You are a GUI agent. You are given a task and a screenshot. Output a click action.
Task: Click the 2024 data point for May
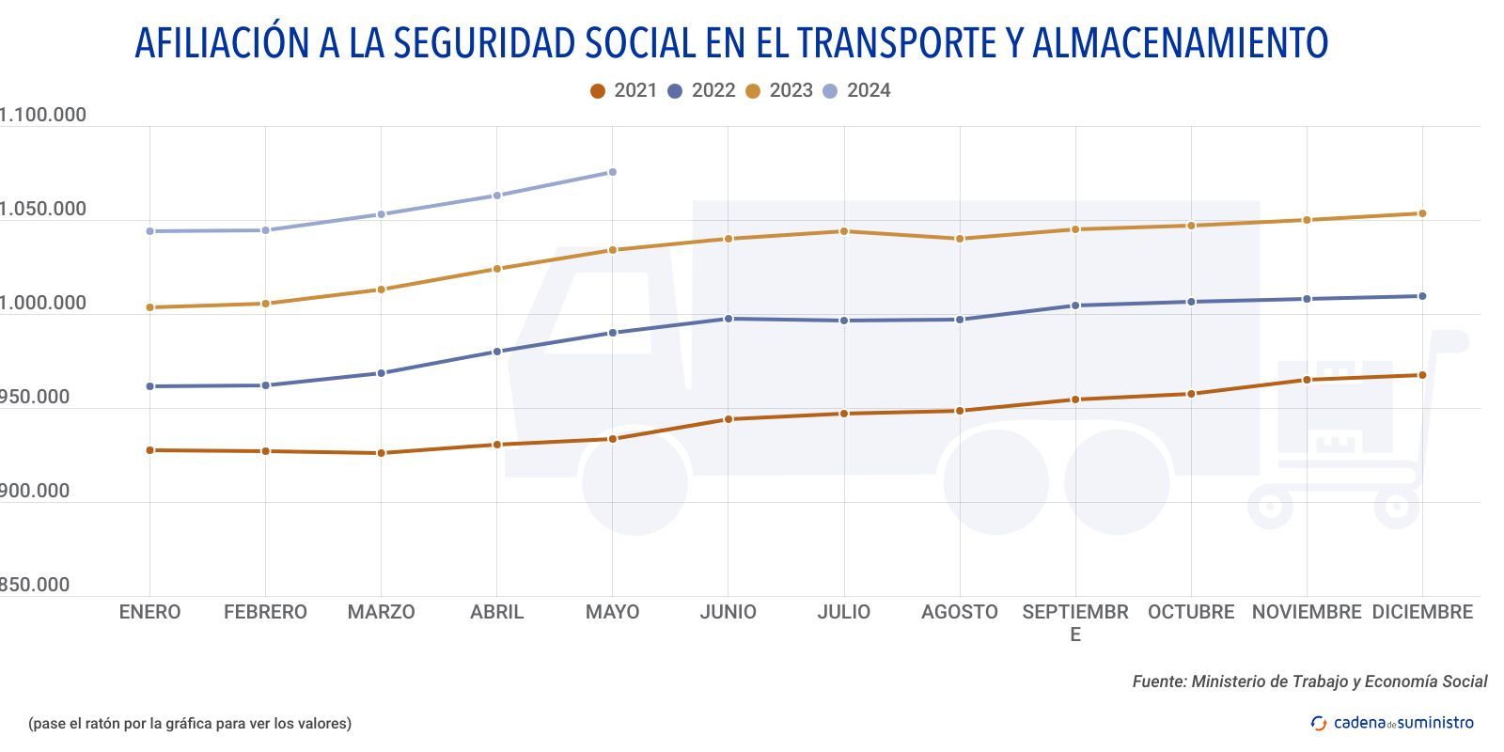pyautogui.click(x=612, y=172)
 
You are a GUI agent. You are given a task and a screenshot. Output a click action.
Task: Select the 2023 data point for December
pyautogui.click(x=1422, y=213)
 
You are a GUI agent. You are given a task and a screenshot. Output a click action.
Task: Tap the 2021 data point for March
pyautogui.click(x=382, y=453)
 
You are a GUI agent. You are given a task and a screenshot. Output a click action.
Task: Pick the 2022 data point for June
pyautogui.click(x=728, y=319)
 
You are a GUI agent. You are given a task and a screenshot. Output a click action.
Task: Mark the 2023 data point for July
pyautogui.click(x=844, y=231)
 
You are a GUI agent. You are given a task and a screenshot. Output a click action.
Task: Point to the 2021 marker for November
pyautogui.click(x=1307, y=380)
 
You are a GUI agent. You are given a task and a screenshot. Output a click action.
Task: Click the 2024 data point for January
pyautogui.click(x=150, y=231)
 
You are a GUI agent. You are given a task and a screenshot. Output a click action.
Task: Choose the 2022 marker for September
pyautogui.click(x=1075, y=305)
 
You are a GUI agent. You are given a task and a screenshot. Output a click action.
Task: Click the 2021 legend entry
pyautogui.click(x=623, y=90)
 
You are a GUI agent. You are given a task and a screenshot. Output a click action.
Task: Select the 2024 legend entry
pyautogui.click(x=856, y=90)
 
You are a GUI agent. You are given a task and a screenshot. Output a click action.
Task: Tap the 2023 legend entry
pyautogui.click(x=778, y=90)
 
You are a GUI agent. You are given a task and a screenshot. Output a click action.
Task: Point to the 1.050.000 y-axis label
pyautogui.click(x=42, y=209)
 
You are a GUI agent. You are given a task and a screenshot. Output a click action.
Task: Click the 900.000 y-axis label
pyautogui.click(x=35, y=491)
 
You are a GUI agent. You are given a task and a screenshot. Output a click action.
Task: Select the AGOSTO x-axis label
pyautogui.click(x=959, y=612)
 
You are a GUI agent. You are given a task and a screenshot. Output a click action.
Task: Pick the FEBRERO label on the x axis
pyautogui.click(x=265, y=612)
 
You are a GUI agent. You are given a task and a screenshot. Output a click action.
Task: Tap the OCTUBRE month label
pyautogui.click(x=1191, y=612)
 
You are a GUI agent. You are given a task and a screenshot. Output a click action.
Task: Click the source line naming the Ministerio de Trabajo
pyautogui.click(x=1309, y=681)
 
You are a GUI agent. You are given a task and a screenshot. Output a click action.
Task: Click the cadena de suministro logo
pyautogui.click(x=1392, y=723)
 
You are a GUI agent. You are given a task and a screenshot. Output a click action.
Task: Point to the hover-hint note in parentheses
pyautogui.click(x=190, y=723)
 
